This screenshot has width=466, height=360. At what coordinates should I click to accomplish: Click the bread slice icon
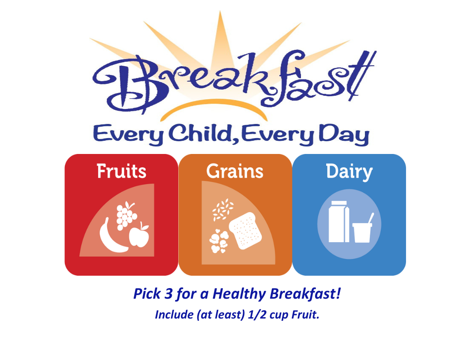pyautogui.click(x=245, y=231)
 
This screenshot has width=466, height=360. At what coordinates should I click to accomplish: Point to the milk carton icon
pyautogui.click(x=339, y=221)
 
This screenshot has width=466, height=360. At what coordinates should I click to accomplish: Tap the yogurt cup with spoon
pyautogui.click(x=362, y=229)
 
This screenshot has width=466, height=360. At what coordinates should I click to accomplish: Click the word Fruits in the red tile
pyautogui.click(x=121, y=171)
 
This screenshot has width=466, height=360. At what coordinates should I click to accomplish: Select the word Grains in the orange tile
pyautogui.click(x=235, y=171)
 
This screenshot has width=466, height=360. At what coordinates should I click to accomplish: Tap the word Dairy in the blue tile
pyautogui.click(x=349, y=172)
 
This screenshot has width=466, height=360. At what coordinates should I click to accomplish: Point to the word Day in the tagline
pyautogui.click(x=344, y=135)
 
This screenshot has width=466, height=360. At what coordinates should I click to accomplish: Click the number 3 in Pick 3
pyautogui.click(x=169, y=294)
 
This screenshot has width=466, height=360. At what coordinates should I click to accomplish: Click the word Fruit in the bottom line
pyautogui.click(x=305, y=315)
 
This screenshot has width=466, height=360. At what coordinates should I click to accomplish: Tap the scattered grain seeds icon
pyautogui.click(x=223, y=210)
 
